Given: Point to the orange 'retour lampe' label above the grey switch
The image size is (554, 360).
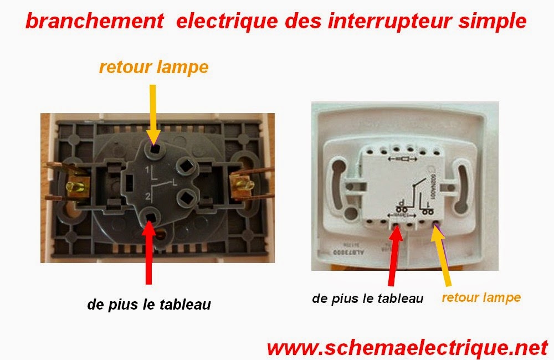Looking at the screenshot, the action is point(153,68).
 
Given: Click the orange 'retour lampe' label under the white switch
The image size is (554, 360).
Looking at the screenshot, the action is point(481,297).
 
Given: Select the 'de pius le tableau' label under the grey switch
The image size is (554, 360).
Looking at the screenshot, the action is point(149,304).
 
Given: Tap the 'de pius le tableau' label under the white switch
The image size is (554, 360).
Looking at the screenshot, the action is point(368,299).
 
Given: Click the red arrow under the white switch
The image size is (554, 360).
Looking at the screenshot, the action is point(393,258).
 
